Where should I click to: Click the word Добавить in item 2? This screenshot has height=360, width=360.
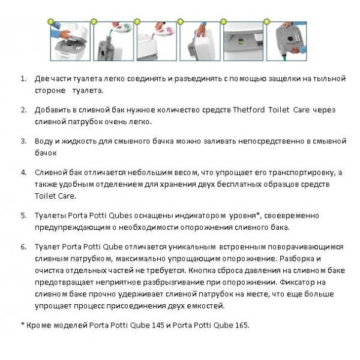54,110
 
